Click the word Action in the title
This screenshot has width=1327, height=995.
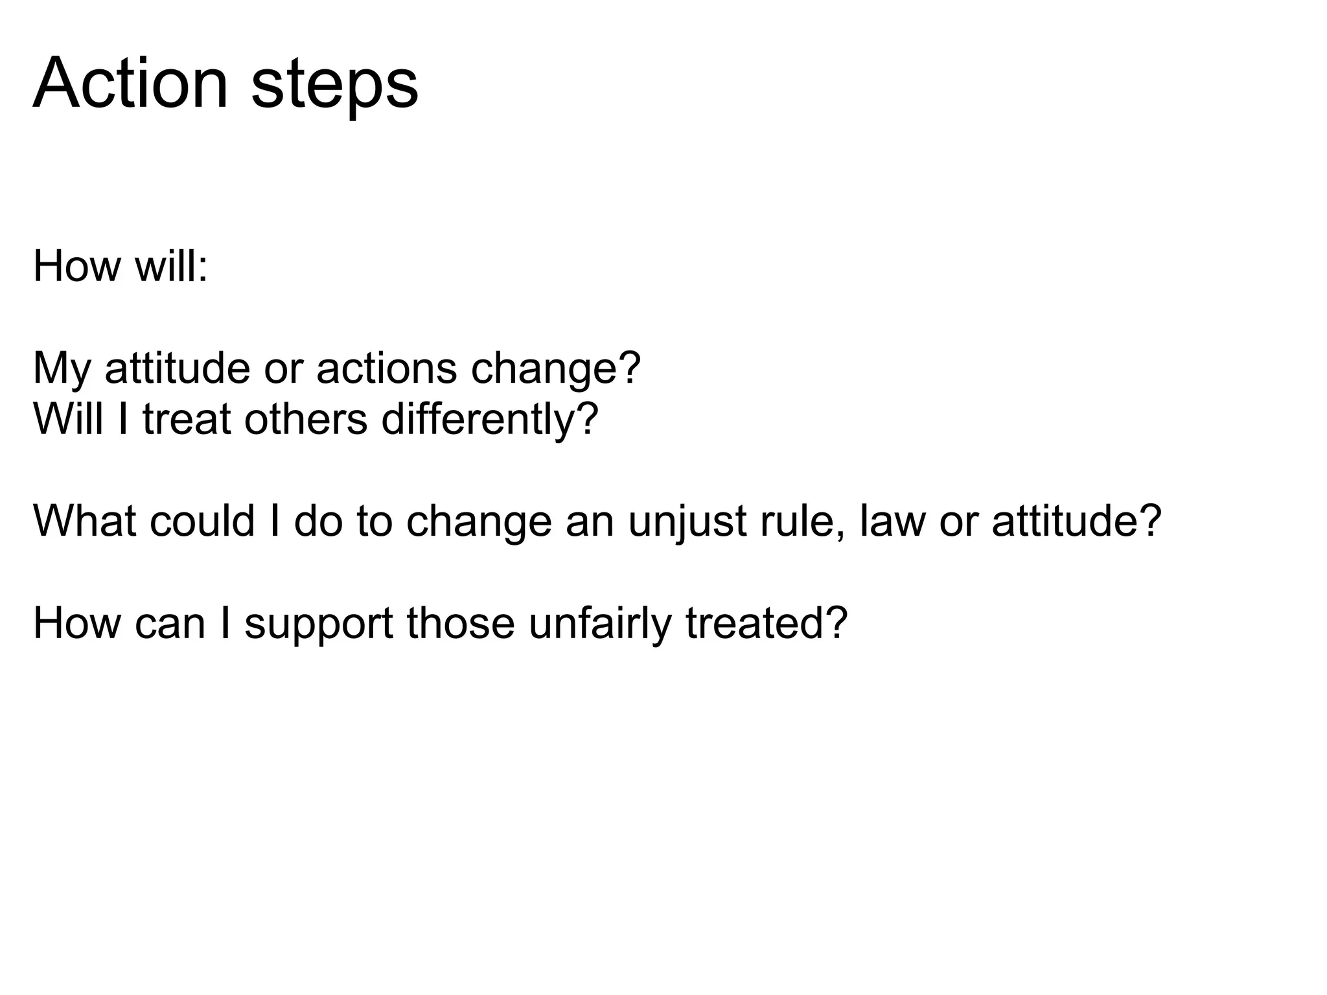(x=130, y=84)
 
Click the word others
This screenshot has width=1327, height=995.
(x=306, y=419)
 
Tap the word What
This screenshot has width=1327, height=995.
(x=85, y=520)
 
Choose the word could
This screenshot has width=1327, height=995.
(x=202, y=520)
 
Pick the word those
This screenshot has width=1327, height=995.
(x=460, y=623)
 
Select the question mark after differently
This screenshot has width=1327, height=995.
(x=586, y=419)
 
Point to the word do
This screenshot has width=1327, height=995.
(x=317, y=520)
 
